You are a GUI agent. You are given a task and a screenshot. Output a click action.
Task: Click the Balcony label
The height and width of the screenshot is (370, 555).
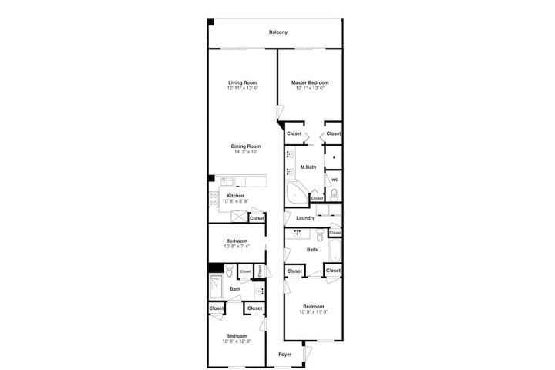point(277,32)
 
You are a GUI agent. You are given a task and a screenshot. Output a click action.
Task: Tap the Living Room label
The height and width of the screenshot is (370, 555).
point(243,82)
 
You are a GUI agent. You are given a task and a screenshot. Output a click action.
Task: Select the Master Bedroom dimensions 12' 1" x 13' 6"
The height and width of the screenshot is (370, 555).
point(310,88)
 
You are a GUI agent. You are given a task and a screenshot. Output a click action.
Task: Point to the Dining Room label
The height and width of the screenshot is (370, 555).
point(246,146)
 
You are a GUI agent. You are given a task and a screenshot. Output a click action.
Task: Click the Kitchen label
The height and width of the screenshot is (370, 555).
point(235,196)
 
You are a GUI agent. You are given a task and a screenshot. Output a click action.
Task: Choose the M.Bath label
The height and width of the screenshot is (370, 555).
point(308,167)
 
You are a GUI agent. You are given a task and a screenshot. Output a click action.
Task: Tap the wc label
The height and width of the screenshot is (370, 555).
point(335,180)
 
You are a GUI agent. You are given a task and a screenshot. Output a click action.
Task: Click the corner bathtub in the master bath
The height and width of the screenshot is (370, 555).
point(297,193)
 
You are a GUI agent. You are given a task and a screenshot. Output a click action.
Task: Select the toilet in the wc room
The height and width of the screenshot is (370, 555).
point(334,194)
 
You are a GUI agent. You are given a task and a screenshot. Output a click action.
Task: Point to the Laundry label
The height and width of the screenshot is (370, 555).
point(305,218)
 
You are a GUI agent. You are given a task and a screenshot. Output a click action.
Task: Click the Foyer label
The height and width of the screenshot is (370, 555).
point(285,355)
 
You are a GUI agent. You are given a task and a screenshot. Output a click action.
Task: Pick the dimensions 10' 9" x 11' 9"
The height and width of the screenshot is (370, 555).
point(314,312)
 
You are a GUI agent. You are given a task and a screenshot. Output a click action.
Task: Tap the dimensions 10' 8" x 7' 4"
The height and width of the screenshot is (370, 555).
point(237,246)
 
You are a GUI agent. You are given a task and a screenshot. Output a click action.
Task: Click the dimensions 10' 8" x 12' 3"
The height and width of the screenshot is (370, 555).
point(237,341)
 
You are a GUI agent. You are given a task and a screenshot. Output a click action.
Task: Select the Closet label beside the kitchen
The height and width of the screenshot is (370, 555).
point(257,218)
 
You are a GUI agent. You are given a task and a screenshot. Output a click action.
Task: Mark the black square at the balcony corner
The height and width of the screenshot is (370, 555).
point(210,22)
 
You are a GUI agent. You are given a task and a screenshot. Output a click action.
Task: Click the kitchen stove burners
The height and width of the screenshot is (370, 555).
point(214,199)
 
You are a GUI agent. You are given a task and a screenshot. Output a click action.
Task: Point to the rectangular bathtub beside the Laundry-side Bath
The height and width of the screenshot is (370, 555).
point(335,251)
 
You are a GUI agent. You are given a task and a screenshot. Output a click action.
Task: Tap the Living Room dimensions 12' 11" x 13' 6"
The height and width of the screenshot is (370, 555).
point(243,88)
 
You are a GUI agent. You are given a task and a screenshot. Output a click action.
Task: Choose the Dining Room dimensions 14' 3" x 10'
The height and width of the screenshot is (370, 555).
point(246,152)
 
